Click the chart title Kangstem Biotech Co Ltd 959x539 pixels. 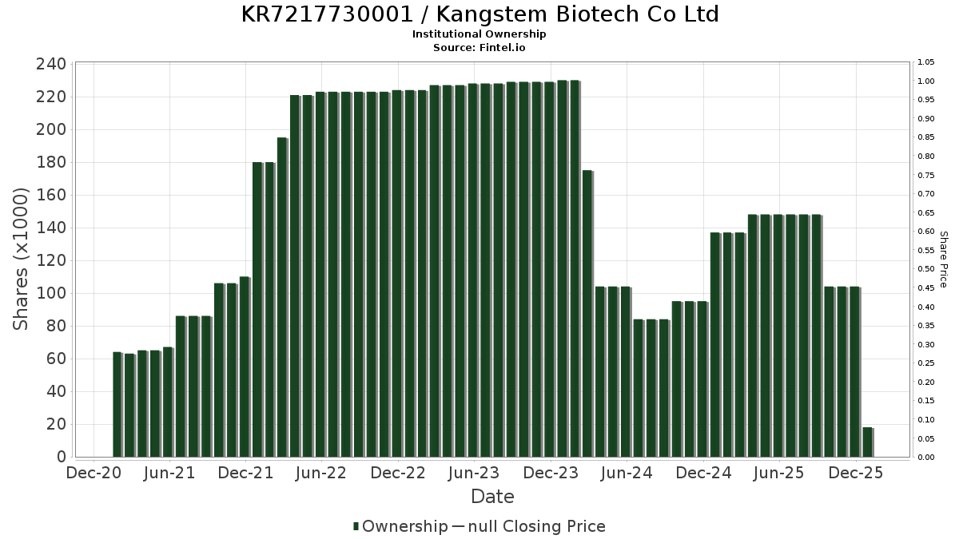click(479, 14)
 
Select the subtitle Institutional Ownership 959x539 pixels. click(479, 34)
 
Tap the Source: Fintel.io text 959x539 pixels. click(479, 47)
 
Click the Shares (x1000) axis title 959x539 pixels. click(22, 259)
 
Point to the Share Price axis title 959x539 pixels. click(943, 259)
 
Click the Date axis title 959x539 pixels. click(492, 497)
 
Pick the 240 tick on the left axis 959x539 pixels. click(51, 65)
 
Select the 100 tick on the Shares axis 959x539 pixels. click(51, 294)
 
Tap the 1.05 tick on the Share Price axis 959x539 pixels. click(926, 62)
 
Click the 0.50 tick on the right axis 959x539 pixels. click(926, 269)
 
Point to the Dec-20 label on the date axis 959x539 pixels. click(94, 474)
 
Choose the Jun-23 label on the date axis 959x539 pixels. click(475, 474)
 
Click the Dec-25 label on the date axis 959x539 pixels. click(856, 474)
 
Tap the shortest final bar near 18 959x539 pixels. click(867, 442)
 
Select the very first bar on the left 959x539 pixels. click(117, 404)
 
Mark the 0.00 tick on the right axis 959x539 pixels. click(926, 458)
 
